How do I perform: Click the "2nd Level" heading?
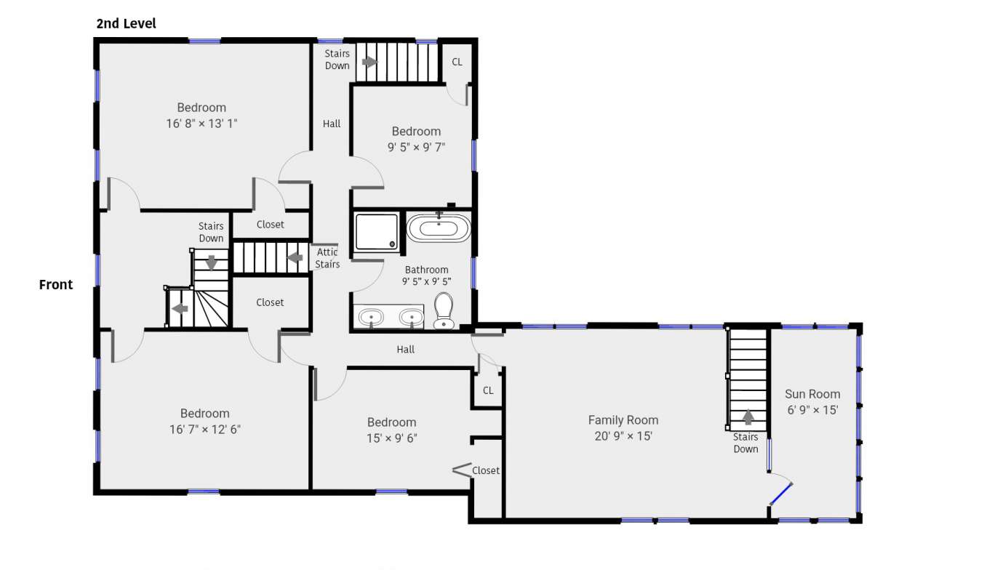126,23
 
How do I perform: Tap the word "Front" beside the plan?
56,285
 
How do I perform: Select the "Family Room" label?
623,420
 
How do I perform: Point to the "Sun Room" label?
812,394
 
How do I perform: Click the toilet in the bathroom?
444,311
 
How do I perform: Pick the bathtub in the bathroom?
439,228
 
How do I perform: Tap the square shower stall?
377,232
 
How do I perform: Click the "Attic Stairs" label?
327,258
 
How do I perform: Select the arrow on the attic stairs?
295,258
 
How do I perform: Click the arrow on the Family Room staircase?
748,417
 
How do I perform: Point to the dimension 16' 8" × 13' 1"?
201,124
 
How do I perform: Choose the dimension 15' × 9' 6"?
391,438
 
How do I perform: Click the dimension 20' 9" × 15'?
623,436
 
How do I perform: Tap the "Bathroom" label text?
427,270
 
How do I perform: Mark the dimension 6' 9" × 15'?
812,410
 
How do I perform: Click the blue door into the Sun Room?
781,494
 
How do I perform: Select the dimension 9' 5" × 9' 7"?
416,147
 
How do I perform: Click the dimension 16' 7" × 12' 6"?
205,430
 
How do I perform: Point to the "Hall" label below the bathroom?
405,350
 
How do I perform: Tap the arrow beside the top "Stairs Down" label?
370,62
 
